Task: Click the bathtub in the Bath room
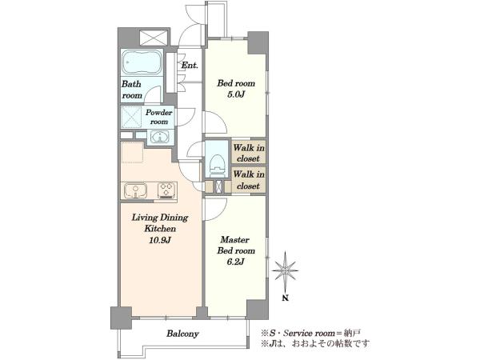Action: [x=142, y=62]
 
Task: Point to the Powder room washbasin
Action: [x=159, y=137]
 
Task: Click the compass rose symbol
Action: [x=286, y=271]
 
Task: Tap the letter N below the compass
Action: [x=286, y=298]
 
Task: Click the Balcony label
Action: [x=182, y=334]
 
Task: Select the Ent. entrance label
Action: [x=190, y=66]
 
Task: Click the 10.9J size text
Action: [x=160, y=240]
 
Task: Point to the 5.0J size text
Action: [x=236, y=94]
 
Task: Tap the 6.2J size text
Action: [x=236, y=262]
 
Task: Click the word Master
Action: [x=235, y=239]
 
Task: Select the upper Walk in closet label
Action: [x=249, y=153]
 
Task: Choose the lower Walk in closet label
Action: [x=249, y=180]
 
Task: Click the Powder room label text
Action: [x=159, y=117]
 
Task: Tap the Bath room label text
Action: [x=132, y=90]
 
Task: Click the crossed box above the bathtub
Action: [x=154, y=38]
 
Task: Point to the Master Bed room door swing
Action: [x=216, y=209]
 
